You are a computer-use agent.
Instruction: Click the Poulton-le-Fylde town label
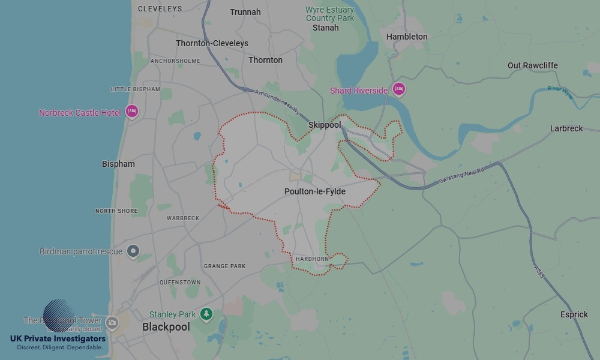pos(314,191)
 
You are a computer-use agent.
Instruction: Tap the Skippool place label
pos(324,125)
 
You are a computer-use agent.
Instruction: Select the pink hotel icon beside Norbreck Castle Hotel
pos(132,111)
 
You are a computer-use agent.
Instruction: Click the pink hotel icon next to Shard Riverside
pos(399,90)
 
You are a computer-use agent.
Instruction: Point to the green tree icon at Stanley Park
pos(206,314)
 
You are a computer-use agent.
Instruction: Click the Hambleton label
pos(407,37)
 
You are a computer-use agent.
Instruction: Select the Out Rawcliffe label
pos(532,65)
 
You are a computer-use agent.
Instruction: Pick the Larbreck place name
pos(566,128)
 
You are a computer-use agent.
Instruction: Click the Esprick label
pos(574,314)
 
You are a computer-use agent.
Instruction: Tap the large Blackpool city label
pos(166,327)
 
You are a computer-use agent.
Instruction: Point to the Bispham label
pos(118,164)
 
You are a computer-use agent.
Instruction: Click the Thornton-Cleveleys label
pos(212,43)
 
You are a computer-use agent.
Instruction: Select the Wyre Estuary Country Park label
pos(329,14)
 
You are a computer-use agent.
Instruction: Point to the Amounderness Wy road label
pos(277,101)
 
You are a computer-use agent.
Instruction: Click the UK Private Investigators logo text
pos(58,340)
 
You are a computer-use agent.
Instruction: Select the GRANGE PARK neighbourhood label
pos(225,266)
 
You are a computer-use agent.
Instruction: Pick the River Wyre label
pos(560,89)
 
